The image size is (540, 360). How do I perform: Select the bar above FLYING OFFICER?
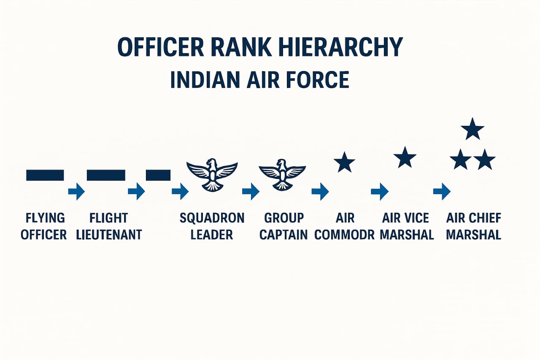coord(45,175)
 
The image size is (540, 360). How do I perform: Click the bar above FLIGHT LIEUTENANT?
coord(106,175)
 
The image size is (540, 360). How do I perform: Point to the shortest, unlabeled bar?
coord(158,175)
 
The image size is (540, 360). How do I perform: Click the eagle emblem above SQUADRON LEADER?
coord(212,174)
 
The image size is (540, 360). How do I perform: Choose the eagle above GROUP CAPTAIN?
coord(282,174)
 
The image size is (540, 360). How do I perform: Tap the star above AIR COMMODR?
coord(344,162)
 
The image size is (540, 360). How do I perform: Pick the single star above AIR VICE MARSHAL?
coord(405,157)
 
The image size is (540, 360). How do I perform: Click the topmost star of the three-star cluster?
coord(472,129)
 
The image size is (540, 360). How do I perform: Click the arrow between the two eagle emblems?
coord(251,191)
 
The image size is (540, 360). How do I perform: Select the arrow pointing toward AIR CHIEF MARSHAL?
coord(442,191)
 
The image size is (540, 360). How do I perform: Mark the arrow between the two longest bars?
coord(76,191)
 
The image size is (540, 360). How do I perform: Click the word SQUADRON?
coord(212,218)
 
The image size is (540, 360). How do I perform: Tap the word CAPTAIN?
coord(283,235)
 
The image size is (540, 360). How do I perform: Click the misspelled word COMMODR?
coord(345,235)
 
